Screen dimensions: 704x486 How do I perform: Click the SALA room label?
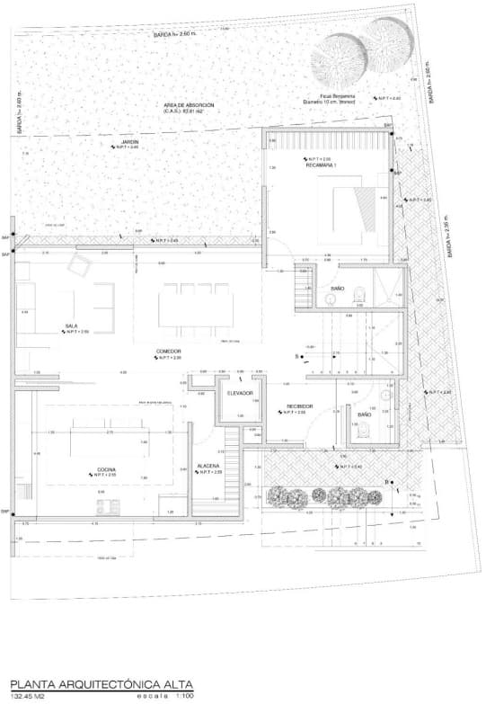click(70, 325)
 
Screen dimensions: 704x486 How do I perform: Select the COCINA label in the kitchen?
click(107, 468)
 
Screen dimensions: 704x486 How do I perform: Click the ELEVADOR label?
click(240, 393)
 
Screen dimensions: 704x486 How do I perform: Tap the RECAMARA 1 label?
click(320, 165)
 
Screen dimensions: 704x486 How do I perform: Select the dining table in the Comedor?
click(196, 305)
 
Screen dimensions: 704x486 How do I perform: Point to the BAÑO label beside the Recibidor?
click(365, 414)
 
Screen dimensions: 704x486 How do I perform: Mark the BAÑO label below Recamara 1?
click(338, 288)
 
